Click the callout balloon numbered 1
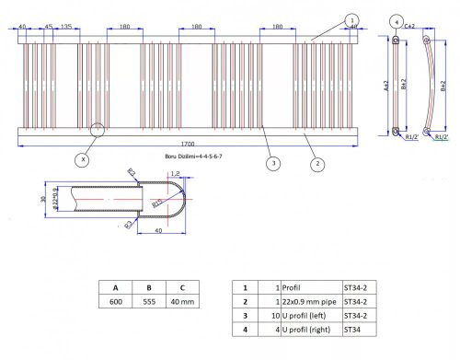click(x=351, y=18)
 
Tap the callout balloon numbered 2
click(x=316, y=165)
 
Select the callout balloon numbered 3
click(x=272, y=164)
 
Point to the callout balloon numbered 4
click(x=396, y=20)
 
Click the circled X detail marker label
click(x=83, y=159)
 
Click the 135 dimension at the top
click(x=67, y=27)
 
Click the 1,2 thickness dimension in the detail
click(x=173, y=172)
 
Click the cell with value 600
click(x=117, y=301)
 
